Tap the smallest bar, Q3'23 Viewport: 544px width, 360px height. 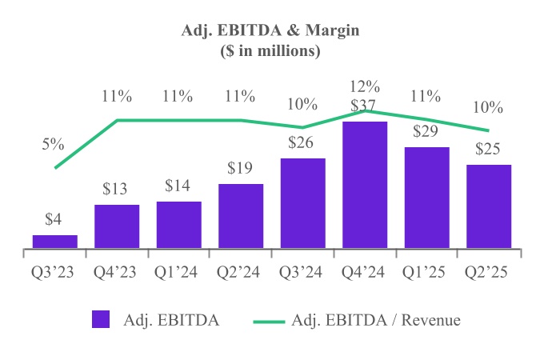point(55,241)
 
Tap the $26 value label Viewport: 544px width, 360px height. point(302,143)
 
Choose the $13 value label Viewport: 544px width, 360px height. point(117,190)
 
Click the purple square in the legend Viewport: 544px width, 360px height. point(100,320)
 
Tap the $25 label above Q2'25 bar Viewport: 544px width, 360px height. point(489,149)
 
